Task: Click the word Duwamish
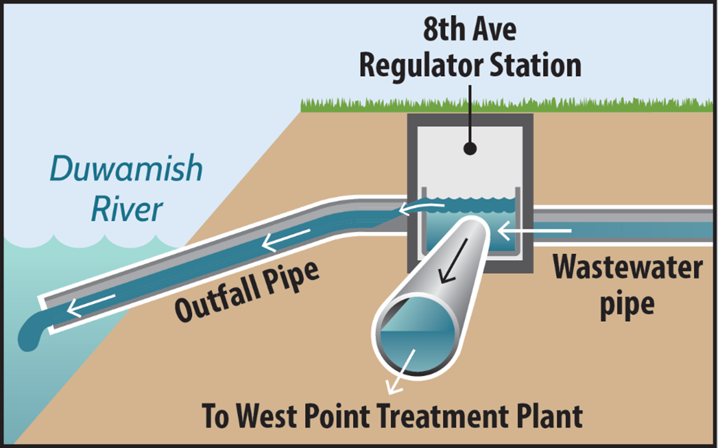126,169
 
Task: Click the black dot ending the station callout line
470,148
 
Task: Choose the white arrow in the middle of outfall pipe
286,236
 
